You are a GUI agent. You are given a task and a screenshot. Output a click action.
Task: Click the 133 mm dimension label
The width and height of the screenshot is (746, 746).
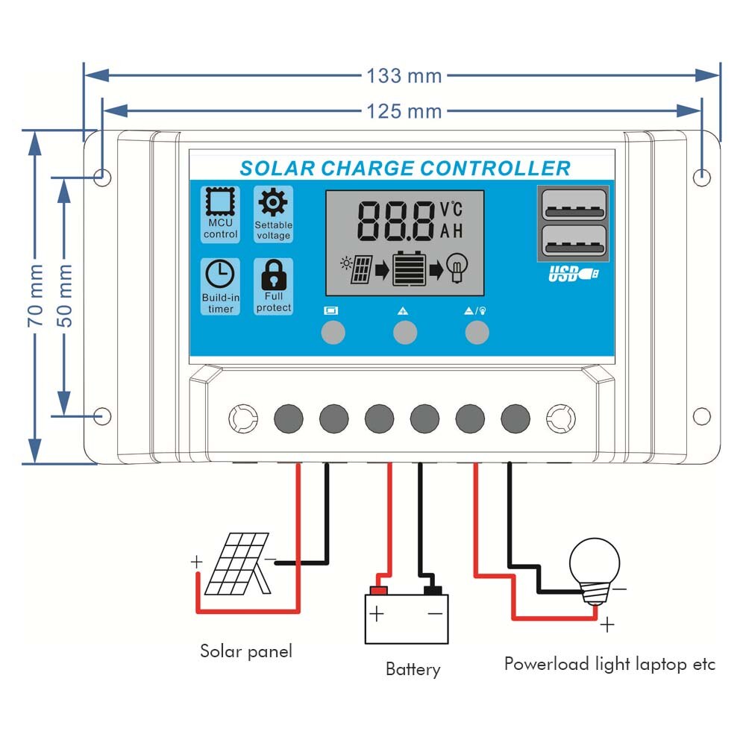click(x=404, y=75)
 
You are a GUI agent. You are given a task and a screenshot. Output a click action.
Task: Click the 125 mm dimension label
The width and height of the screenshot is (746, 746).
click(x=404, y=111)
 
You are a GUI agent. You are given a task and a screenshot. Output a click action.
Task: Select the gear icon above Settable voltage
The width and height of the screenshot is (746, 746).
click(x=273, y=202)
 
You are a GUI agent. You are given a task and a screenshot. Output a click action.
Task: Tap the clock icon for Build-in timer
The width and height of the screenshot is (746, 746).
click(x=220, y=275)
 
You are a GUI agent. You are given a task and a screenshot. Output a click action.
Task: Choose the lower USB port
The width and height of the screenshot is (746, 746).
click(x=572, y=243)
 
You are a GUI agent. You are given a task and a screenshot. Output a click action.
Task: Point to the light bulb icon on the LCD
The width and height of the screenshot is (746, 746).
click(x=457, y=267)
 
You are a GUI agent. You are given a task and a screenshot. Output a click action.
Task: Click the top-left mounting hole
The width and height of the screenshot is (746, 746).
click(x=103, y=177)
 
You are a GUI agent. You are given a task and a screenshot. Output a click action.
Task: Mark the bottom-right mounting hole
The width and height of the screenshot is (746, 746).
click(x=701, y=416)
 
